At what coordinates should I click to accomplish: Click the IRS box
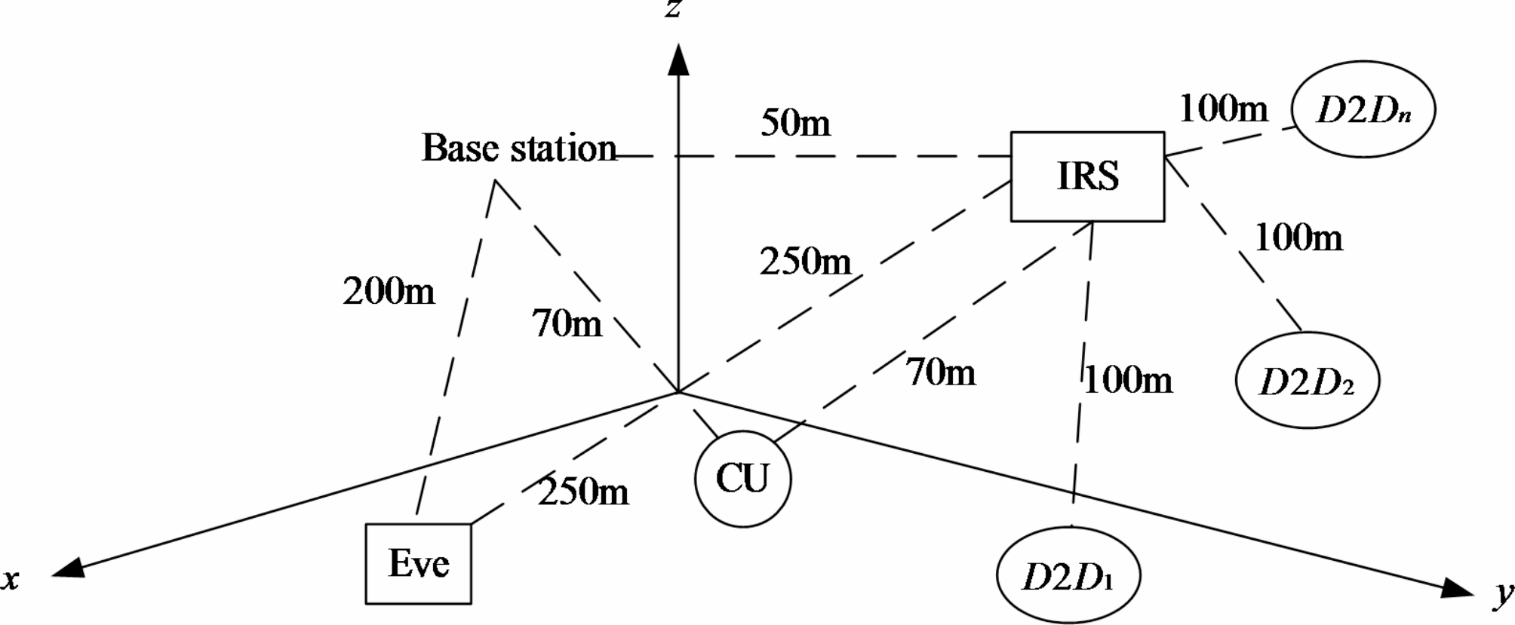tap(1087, 176)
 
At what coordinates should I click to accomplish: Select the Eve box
tap(419, 563)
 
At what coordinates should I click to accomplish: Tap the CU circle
tap(742, 479)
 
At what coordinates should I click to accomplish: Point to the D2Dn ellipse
tap(1363, 110)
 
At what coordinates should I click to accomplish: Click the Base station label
tap(519, 148)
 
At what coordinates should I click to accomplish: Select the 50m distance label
tap(795, 123)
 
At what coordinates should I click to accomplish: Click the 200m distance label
tap(389, 291)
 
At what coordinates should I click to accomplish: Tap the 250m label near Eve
tap(583, 492)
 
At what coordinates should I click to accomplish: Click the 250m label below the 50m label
tap(805, 262)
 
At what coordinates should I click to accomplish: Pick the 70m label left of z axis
tap(567, 324)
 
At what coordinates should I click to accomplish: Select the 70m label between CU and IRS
tap(941, 372)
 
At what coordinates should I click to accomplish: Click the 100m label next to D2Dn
tap(1223, 109)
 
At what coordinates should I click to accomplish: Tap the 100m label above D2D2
tap(1298, 238)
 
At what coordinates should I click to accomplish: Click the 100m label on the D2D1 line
tap(1129, 380)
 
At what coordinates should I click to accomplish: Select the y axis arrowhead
tap(1458, 589)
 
